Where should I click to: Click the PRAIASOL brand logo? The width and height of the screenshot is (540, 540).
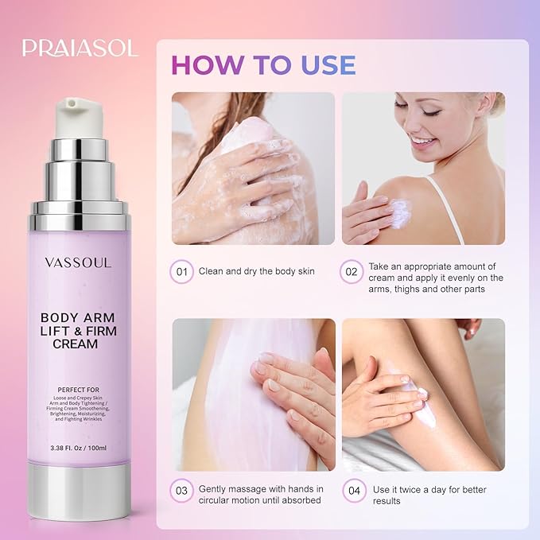pos(80,47)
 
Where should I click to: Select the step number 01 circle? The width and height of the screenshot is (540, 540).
pos(183,272)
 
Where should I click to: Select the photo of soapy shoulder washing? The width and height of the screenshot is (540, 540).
pos(254,168)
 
